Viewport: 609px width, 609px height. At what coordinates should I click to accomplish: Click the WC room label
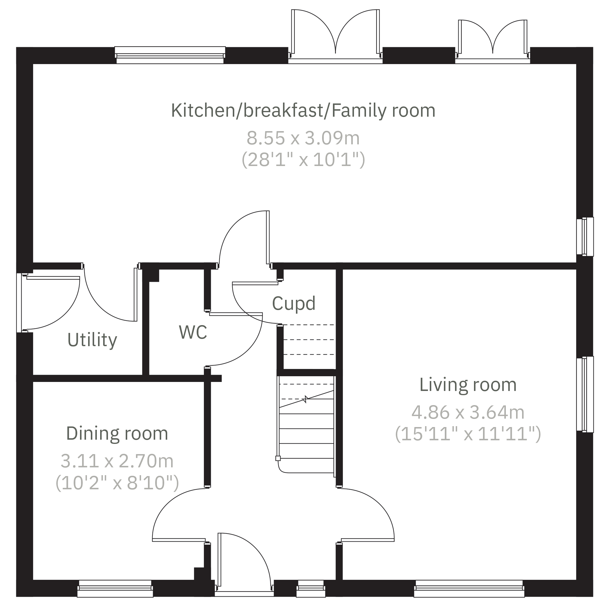pos(193,332)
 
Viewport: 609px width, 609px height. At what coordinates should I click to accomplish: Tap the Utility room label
pos(92,340)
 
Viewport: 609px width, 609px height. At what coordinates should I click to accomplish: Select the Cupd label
pos(294,303)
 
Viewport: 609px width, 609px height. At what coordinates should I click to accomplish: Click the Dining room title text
pos(117,433)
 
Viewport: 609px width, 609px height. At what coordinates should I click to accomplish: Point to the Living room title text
pos(468,385)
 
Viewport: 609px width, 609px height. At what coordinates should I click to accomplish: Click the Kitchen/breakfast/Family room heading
pos(303,111)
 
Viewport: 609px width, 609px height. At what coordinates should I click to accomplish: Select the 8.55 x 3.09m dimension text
pos(303,138)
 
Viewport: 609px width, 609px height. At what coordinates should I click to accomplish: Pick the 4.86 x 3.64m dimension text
pos(468,412)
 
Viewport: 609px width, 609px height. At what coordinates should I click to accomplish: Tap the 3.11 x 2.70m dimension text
pos(117,461)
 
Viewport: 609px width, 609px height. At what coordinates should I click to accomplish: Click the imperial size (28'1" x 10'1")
pos(303,160)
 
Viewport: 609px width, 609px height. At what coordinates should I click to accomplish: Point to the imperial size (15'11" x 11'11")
pos(468,434)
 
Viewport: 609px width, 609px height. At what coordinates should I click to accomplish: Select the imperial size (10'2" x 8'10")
pos(117,483)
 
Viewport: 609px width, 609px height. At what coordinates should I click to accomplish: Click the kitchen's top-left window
pos(170,55)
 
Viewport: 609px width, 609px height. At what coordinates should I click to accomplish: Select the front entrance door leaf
pos(220,560)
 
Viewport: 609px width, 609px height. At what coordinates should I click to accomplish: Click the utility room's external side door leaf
pos(53,278)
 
